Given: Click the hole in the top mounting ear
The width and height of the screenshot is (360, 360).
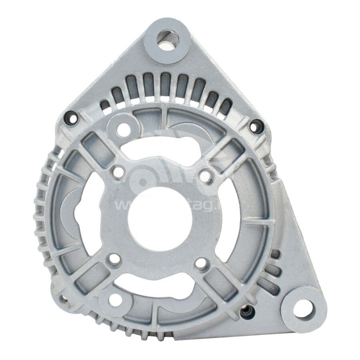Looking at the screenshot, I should (x=168, y=39).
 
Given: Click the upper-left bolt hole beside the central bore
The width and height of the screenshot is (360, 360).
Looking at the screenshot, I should (x=118, y=172).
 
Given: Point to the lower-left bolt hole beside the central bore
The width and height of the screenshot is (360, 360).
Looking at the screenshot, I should (x=115, y=260).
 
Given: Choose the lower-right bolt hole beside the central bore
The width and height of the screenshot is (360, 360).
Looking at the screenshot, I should (x=201, y=265).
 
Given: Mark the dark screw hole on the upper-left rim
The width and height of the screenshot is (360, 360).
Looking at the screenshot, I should (x=72, y=118).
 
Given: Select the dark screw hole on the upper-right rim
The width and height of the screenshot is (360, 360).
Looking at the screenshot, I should (x=255, y=126).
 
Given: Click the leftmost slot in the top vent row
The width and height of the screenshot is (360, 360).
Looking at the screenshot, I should (x=104, y=105).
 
